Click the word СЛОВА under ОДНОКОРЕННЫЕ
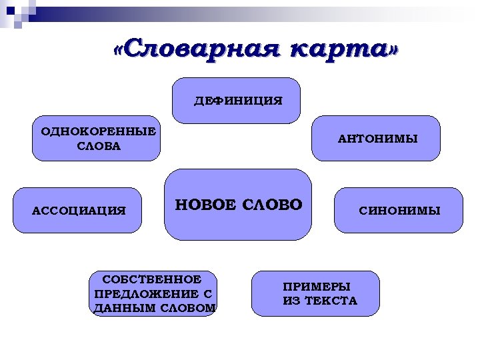click(x=98, y=145)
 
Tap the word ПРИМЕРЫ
click(x=317, y=287)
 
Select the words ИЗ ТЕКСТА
click(x=320, y=301)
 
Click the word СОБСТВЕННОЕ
click(x=152, y=279)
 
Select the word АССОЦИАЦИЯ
click(x=79, y=211)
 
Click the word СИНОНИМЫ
click(x=399, y=211)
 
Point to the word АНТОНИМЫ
click(x=378, y=139)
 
